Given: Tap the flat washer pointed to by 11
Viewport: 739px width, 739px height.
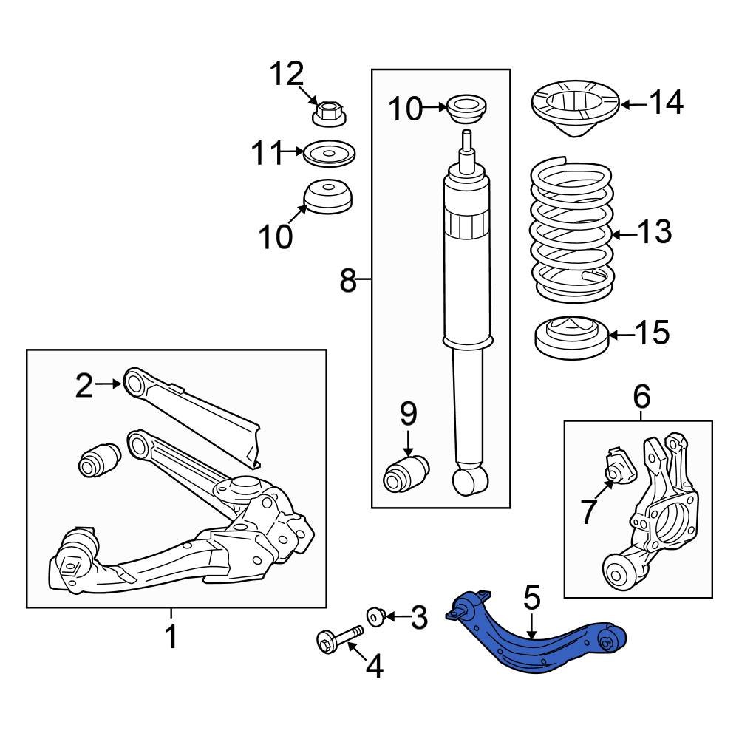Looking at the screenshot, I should (330, 154).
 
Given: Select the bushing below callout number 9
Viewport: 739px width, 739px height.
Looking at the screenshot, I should (406, 474).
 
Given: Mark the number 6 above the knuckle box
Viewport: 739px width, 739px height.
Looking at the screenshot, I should (641, 396).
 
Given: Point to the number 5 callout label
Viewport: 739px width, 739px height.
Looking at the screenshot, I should (531, 597).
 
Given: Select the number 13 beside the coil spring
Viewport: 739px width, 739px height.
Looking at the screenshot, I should (655, 232).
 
